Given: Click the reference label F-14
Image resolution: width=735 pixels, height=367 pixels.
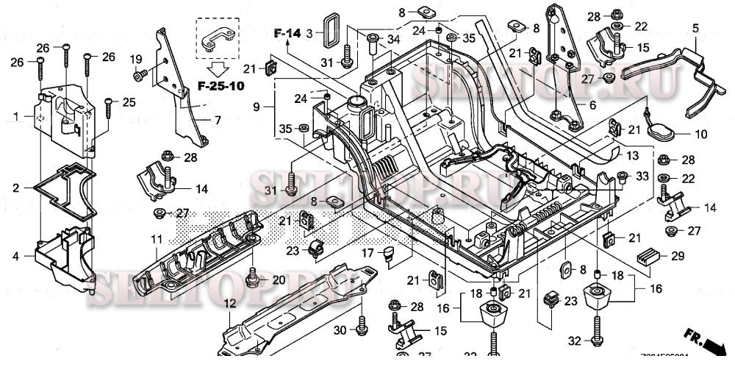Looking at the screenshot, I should pos(287,32).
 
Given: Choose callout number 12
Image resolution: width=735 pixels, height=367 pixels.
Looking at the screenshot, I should pos(229,303).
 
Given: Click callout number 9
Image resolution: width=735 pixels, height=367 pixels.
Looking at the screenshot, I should pos(256,107).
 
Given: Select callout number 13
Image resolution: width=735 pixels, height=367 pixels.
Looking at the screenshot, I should pos(633,157).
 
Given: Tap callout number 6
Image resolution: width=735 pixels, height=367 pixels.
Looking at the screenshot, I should pos(592,105).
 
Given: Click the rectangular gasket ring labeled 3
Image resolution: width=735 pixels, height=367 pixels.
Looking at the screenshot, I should pos(332,32).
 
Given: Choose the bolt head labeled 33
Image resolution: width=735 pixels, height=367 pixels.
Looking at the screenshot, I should pos(622,177).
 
